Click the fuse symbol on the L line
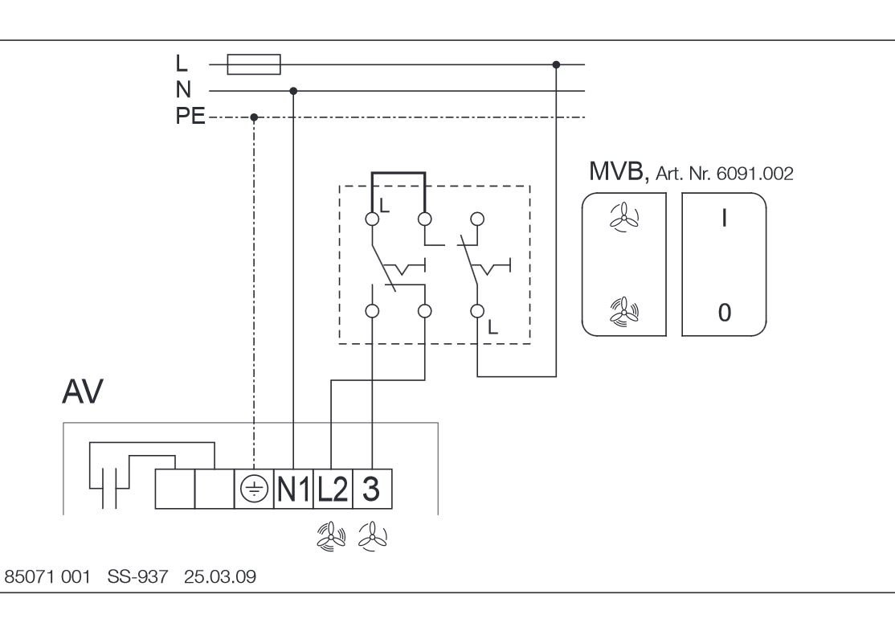[254, 64]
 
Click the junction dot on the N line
[293, 91]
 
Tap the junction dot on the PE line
[254, 117]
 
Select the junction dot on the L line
[556, 64]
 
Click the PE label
[190, 116]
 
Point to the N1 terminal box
[293, 489]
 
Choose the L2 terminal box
[333, 489]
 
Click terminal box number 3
[372, 489]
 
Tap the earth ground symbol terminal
[254, 489]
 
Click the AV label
[83, 391]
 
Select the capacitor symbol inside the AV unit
[109, 488]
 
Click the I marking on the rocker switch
[725, 218]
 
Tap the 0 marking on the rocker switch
[725, 313]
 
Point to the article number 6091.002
[754, 174]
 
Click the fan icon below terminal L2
[331, 537]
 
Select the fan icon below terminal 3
[373, 537]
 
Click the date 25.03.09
[220, 577]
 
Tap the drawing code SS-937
[137, 577]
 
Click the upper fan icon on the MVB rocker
[624, 217]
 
